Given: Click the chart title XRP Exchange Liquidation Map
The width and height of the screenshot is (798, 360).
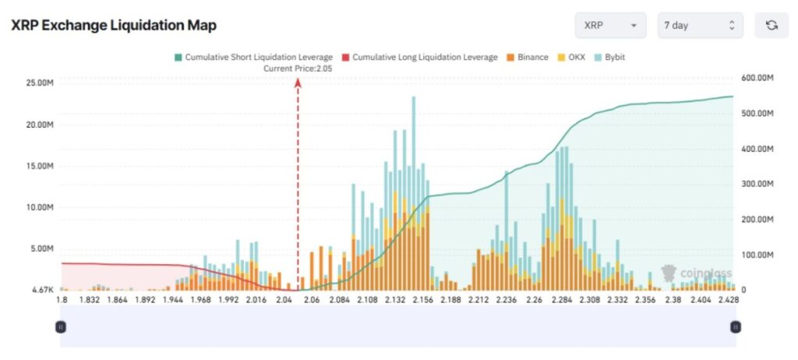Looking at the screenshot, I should [x=113, y=25].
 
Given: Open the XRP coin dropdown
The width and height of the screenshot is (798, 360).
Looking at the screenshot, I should [x=610, y=25].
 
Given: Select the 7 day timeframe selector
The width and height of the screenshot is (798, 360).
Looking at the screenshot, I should [x=699, y=25].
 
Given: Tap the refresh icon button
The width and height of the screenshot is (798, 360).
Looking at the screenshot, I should [x=772, y=25].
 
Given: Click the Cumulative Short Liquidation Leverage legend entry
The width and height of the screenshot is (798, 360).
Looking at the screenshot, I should [x=254, y=57].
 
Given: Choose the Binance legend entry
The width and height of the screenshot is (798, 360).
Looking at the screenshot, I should [x=528, y=57].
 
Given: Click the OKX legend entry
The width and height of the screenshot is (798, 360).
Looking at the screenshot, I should [x=572, y=57].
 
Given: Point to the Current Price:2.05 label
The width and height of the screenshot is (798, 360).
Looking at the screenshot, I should [x=298, y=69].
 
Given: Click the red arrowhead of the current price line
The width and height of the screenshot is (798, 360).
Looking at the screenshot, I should [x=298, y=83].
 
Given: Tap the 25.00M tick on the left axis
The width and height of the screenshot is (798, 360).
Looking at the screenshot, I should [x=39, y=83].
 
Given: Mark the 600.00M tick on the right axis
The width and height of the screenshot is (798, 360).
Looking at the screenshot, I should [x=757, y=78].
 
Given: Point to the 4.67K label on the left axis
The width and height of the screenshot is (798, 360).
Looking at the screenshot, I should [x=41, y=290].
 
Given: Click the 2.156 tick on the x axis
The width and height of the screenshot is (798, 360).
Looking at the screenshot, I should [x=422, y=299].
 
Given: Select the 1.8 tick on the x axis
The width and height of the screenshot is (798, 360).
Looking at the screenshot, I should [x=62, y=299].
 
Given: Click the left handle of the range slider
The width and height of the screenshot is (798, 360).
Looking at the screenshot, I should [x=61, y=326].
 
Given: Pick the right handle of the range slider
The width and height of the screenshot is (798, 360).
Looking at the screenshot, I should [x=735, y=326].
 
